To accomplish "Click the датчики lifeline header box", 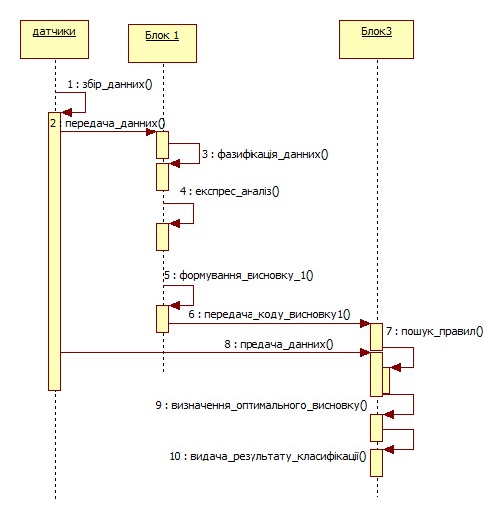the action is [54, 39].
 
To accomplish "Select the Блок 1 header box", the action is [162, 43].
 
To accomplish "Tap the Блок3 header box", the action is [377, 39].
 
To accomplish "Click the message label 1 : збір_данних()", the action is [110, 84].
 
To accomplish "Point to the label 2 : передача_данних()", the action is [108, 123].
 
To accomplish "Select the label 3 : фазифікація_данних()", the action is [265, 154].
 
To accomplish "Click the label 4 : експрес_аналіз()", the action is [230, 191].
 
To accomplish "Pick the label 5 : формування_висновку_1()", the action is [239, 275].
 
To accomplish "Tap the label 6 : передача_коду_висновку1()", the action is [269, 314].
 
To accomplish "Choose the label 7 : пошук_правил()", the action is [435, 332].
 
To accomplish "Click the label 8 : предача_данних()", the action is [278, 344].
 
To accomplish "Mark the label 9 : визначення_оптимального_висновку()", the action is [261, 405].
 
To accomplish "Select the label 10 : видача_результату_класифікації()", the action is [267, 456].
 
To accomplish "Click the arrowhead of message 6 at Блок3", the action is [365, 323].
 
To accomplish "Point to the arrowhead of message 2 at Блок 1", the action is [151, 132].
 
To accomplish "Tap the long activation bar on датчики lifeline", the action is [54, 251].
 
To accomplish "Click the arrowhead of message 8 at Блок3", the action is [365, 353].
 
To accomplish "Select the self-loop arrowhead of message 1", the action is [67, 113].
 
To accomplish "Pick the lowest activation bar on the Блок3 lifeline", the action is [376, 463].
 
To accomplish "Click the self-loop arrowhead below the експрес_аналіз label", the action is [175, 224].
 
